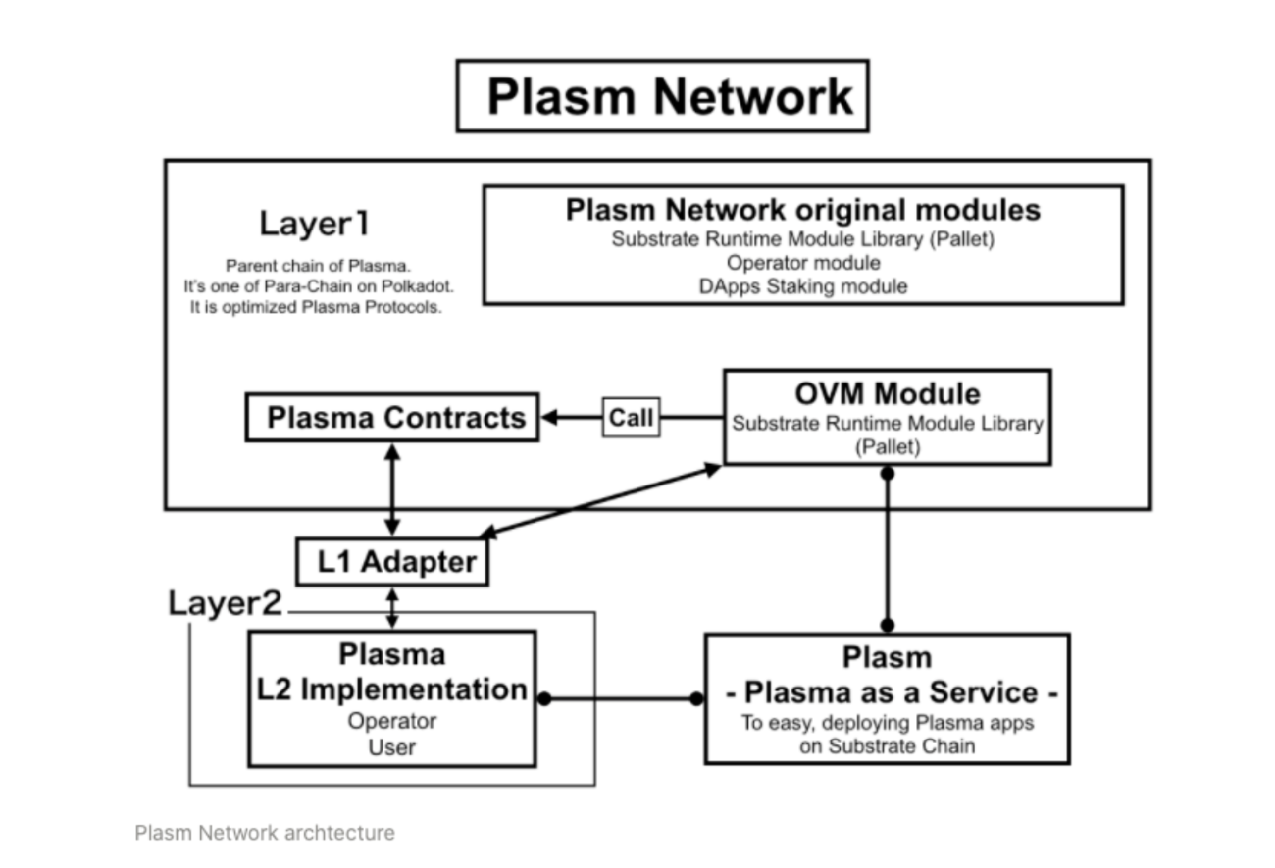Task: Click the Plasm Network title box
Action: (x=663, y=96)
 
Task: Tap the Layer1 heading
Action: (x=314, y=224)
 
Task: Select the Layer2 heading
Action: (x=225, y=602)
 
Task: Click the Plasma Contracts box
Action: (x=391, y=418)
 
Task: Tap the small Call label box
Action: (x=631, y=418)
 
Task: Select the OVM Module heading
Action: (x=887, y=393)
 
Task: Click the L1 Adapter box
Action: (x=392, y=562)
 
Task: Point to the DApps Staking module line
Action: (x=803, y=286)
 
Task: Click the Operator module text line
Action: (x=803, y=263)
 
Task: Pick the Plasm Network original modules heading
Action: (x=803, y=210)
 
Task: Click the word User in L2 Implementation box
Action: (x=392, y=747)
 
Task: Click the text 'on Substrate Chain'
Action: (x=887, y=746)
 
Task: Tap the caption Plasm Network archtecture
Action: (x=265, y=833)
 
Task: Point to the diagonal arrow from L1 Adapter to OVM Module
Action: (x=600, y=501)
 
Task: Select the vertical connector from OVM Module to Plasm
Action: (x=887, y=549)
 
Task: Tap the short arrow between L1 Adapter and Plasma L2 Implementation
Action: (x=392, y=608)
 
